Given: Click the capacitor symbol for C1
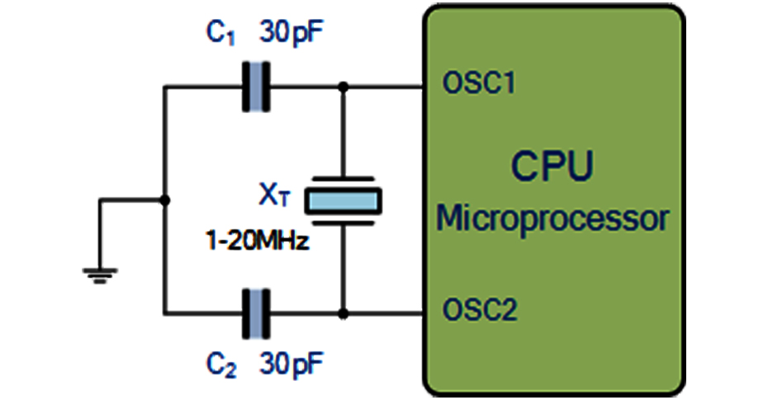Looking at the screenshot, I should (x=256, y=85).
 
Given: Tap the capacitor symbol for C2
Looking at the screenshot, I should (x=256, y=313).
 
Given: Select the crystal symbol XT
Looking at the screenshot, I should (x=343, y=199).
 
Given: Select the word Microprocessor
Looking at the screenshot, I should (x=552, y=219).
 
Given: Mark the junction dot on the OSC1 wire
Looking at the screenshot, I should (x=343, y=85).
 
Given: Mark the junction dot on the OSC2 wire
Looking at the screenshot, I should (x=343, y=313).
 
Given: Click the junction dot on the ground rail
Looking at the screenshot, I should (x=165, y=200).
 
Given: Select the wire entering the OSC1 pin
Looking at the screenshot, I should (x=388, y=85).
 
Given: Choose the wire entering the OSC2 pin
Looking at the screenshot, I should (x=388, y=313).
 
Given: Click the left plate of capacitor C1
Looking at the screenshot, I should (x=247, y=85).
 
